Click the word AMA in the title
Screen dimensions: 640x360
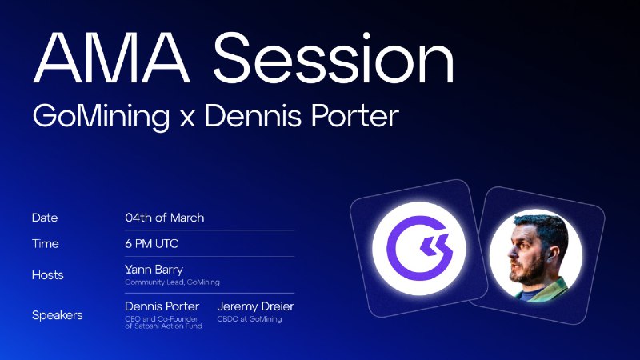coord(111,58)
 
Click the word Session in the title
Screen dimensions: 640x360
coord(334,58)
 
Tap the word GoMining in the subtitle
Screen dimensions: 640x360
coord(101,117)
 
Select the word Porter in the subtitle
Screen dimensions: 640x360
coord(354,116)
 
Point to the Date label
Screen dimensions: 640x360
coord(45,218)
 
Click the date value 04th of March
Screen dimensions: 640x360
coord(165,218)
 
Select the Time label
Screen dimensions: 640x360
coord(46,244)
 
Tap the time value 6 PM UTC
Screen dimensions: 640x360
coord(152,244)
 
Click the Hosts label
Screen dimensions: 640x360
coord(48,274)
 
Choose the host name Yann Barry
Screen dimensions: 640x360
coord(154,270)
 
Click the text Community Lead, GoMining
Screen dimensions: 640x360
coord(172,282)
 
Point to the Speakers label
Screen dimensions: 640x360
coord(57,315)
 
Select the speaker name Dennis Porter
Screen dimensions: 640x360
coord(162,306)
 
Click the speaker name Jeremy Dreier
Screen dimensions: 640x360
coord(255,306)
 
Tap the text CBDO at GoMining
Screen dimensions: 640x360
coord(250,318)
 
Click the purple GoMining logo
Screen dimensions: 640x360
coord(419,249)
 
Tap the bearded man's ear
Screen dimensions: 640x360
coord(550,254)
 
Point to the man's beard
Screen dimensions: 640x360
coord(529,270)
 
